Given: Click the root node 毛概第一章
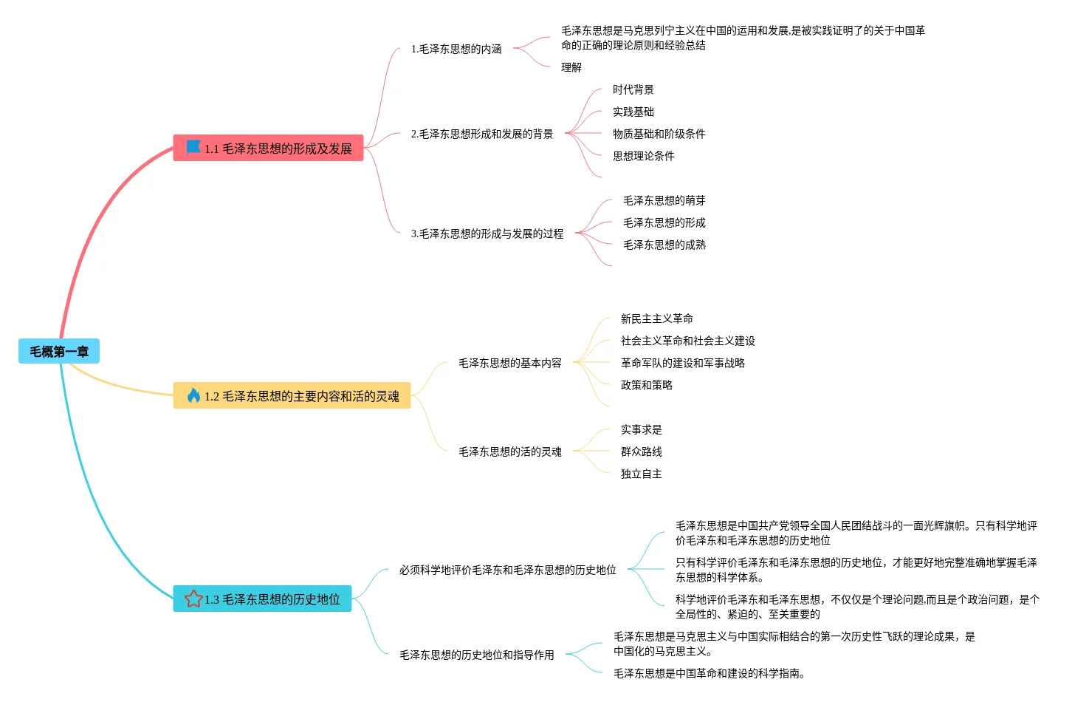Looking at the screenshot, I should pos(58,352).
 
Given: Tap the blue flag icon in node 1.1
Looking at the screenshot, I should pos(193,148).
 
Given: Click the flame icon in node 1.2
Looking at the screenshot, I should pos(193,396).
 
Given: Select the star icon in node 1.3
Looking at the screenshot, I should pos(193,599).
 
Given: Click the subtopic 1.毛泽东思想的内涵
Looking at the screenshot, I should pos(456,49).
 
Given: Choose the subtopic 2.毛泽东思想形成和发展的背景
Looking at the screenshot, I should pos(481,134).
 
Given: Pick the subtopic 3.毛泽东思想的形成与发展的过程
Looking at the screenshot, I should pos(487,234).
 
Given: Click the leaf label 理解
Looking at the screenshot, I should pos(571,67).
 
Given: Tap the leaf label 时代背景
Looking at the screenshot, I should pos(633,89).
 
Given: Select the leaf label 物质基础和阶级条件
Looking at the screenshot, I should pos(659,134).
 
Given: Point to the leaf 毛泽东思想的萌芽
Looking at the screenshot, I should pos(664,200).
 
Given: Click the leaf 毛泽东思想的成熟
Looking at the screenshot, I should pos(664,245).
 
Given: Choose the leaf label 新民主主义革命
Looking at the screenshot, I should pos(656,318).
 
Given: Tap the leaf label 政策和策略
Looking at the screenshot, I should pos(646,385).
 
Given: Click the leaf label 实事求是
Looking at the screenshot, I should pos(641,429).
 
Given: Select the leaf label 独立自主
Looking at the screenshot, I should pos(641,474).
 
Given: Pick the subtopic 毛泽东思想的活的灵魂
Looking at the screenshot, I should pos(509,451).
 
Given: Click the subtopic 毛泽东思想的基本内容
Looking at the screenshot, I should pos(509,363).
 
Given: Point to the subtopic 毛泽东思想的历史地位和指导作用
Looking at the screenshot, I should pos(476,655).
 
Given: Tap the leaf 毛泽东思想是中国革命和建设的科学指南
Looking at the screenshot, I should pos(709,673).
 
